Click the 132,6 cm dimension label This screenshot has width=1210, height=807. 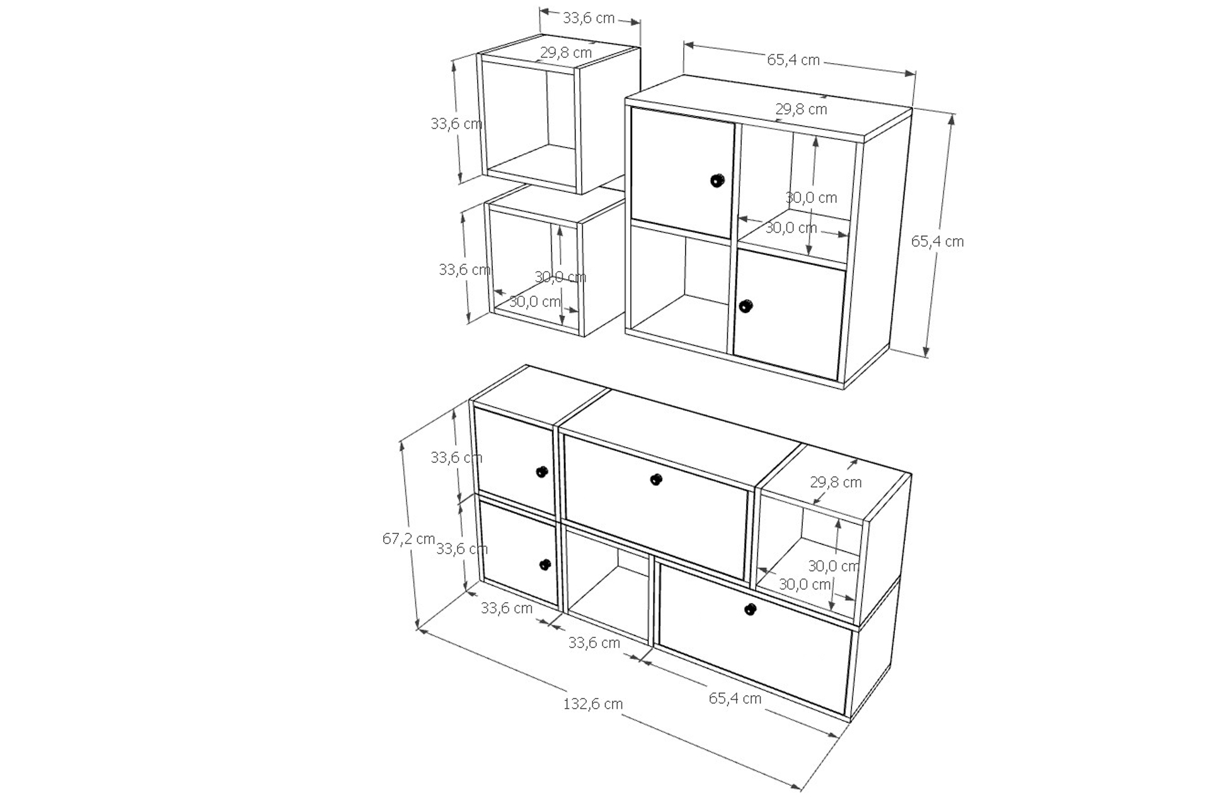point(592,704)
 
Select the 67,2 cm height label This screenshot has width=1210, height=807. point(408,538)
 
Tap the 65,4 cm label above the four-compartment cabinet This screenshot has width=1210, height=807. point(793,60)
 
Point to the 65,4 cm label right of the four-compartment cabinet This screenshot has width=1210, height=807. point(937,241)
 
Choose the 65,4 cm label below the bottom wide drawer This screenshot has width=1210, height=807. point(735,698)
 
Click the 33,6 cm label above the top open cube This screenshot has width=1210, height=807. point(589,18)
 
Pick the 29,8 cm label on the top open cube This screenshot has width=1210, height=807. point(566,52)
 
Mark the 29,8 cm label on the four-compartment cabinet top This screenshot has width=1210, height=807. point(801,109)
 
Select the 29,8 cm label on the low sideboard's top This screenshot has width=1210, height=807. point(836,482)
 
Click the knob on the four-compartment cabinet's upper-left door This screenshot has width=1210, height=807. point(717,180)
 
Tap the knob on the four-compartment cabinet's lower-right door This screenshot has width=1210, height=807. point(746,306)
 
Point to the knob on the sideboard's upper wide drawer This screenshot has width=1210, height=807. point(656,480)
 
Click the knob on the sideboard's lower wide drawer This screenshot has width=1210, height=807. point(750,609)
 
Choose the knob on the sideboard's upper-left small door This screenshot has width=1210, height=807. point(541,472)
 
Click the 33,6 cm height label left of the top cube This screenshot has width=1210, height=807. point(456,124)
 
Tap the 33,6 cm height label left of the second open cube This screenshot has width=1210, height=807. point(464,270)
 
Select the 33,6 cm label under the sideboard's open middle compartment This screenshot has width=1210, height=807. point(594,643)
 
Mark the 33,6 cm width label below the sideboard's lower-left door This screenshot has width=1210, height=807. point(507,608)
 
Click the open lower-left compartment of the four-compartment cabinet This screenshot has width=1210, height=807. point(680,290)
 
